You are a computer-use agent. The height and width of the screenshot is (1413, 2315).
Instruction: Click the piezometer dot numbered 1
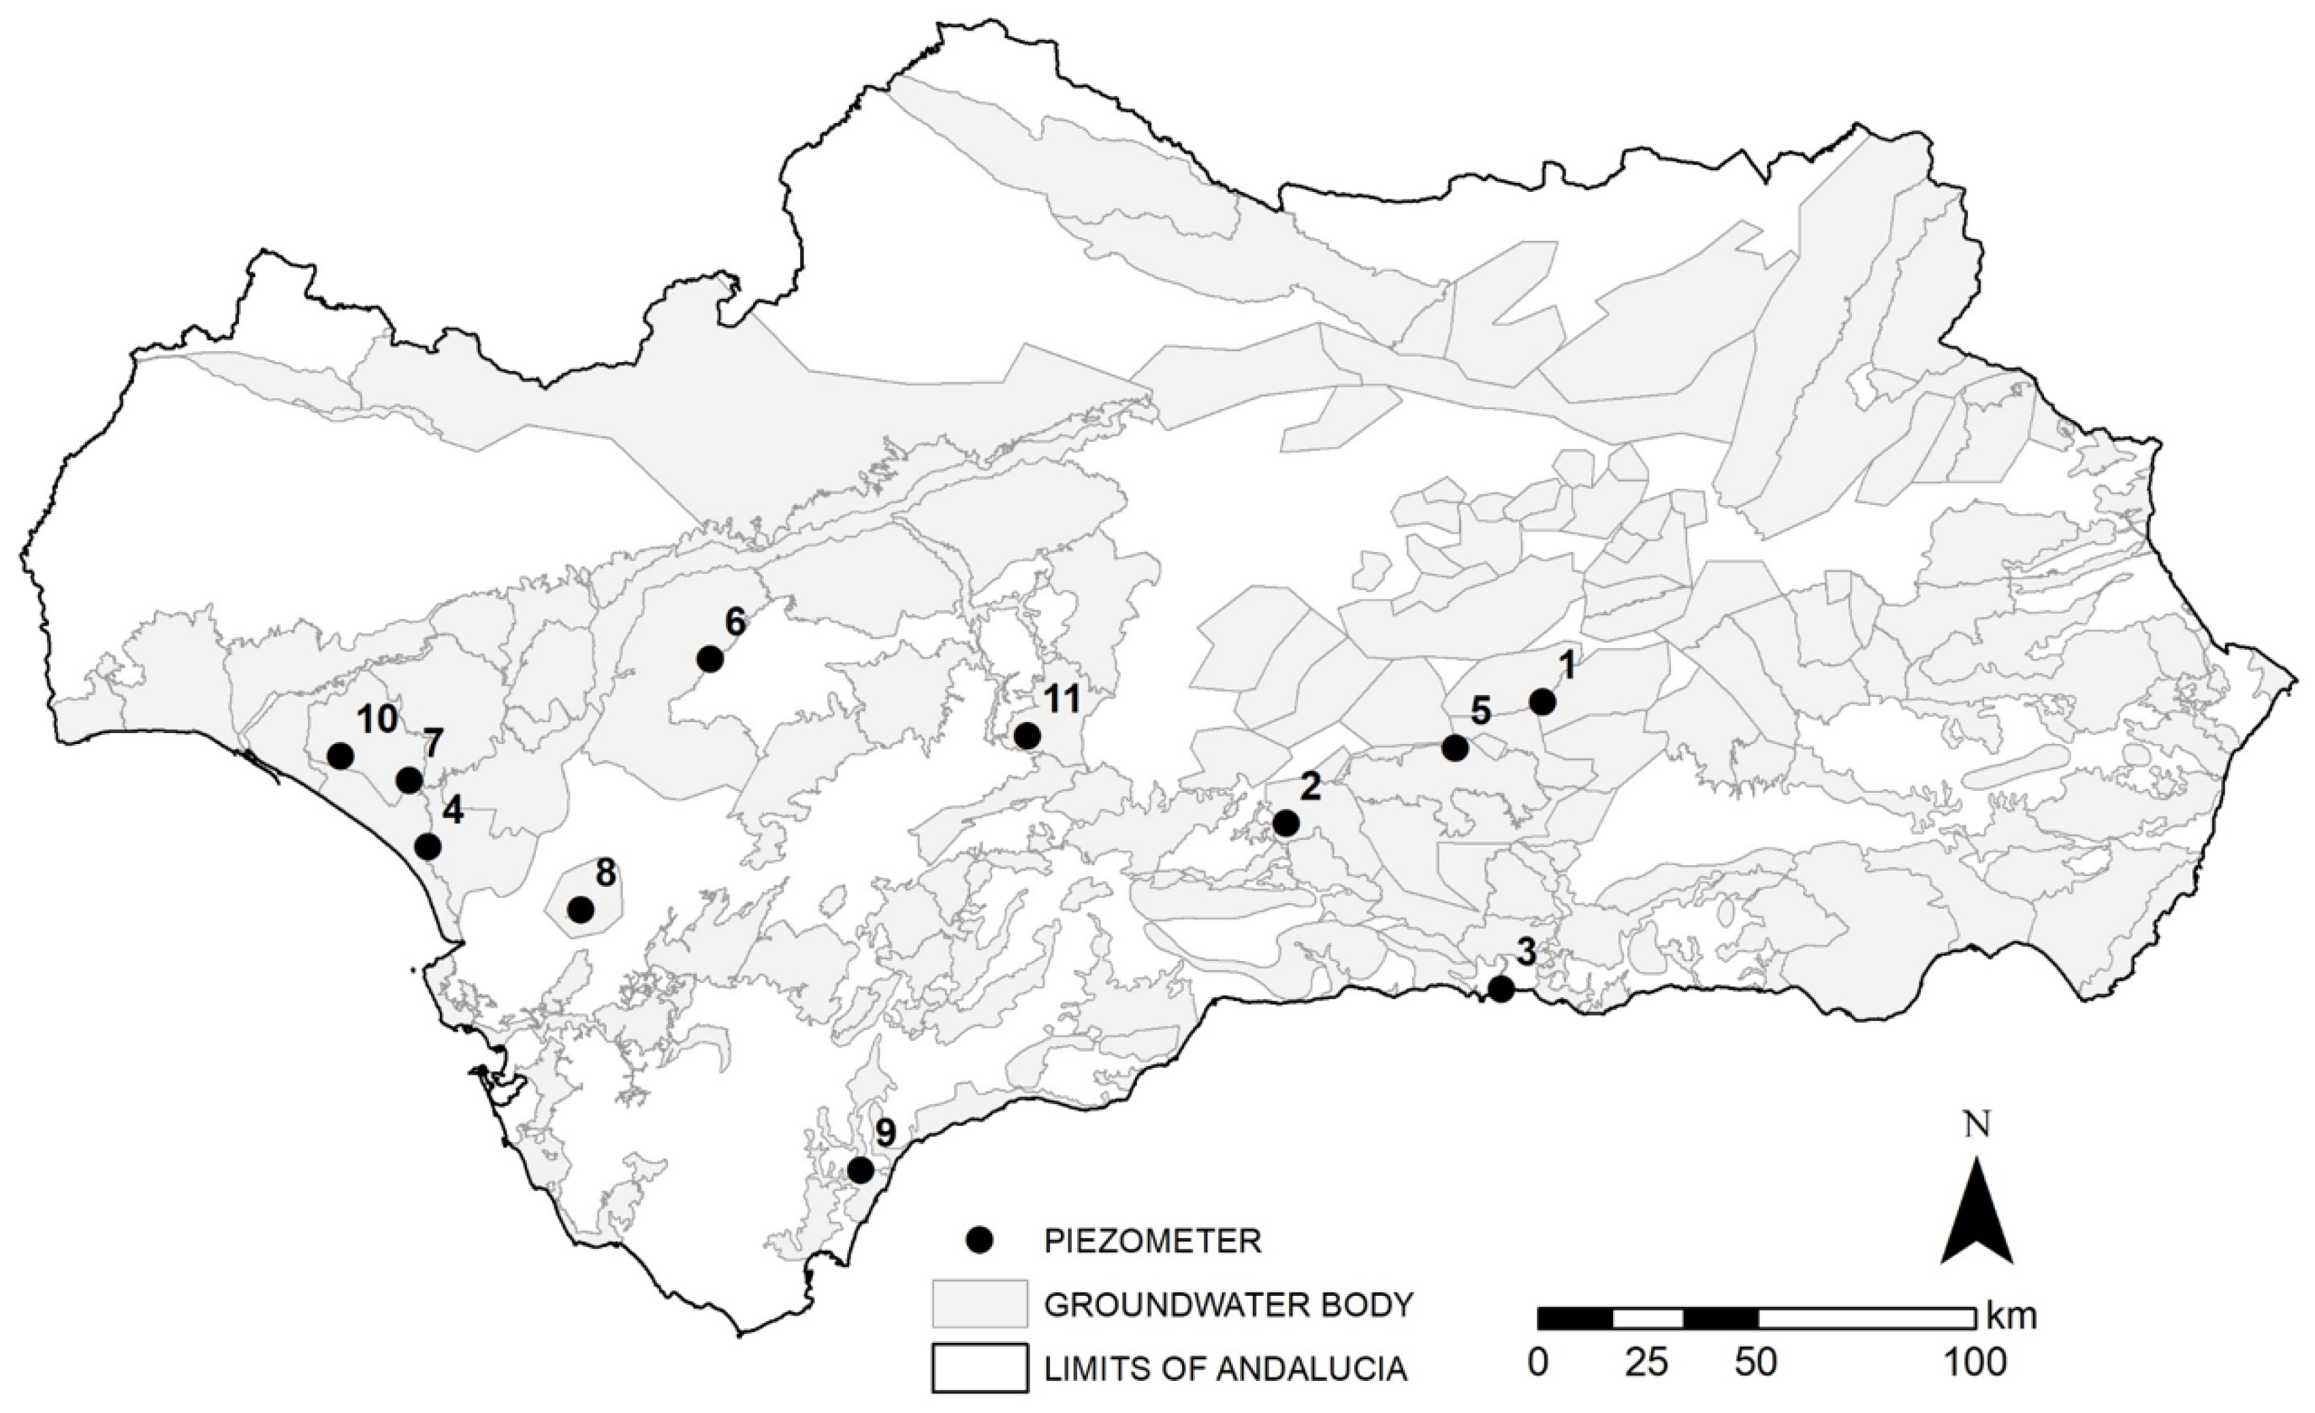pos(1542,702)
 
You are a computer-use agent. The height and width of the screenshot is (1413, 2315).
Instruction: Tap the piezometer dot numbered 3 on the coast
pos(1501,988)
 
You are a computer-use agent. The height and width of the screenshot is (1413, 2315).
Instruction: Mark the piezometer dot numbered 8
pos(581,909)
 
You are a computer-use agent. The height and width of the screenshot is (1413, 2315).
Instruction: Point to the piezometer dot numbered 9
pos(861,1169)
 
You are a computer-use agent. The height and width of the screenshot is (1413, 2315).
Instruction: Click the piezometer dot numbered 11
pos(1028,736)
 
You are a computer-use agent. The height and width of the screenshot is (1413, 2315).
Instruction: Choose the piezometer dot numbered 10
pos(340,756)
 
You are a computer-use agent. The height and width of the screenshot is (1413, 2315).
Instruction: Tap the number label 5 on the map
pos(1481,711)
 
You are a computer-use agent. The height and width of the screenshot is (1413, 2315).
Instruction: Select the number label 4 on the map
pos(453,811)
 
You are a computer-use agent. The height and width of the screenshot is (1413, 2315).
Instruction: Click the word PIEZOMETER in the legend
pos(1152,1241)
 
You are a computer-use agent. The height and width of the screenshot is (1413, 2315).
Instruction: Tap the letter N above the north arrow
pos(1978,1124)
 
